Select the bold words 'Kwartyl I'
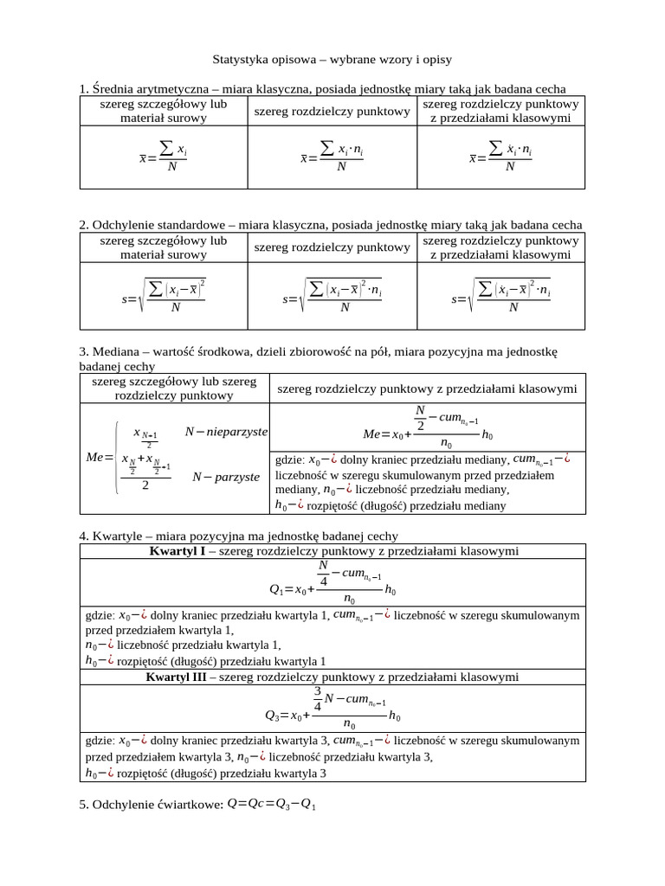tap(177, 550)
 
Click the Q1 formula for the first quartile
tap(332, 582)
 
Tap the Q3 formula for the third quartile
tap(332, 709)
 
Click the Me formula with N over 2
tap(429, 427)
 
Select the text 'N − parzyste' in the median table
tap(225, 476)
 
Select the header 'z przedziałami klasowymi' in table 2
tap(500, 255)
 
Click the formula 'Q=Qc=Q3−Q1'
tap(272, 806)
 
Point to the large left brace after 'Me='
tap(116, 457)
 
